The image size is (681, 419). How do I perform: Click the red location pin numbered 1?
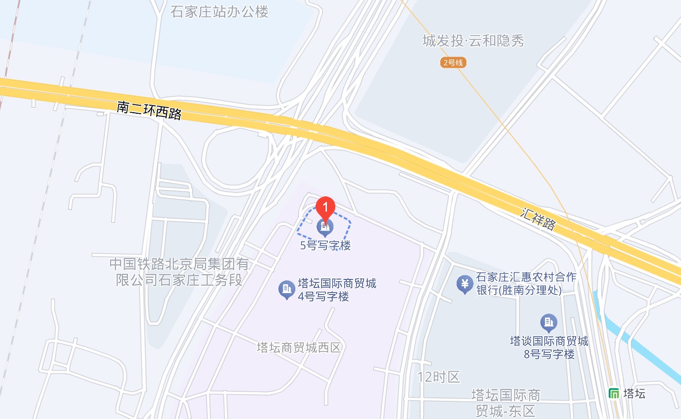[325, 207]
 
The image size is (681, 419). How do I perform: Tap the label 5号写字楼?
[325, 245]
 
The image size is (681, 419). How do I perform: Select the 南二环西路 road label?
[149, 110]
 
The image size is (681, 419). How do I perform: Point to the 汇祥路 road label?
[538, 218]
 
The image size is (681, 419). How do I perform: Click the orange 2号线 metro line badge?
[453, 62]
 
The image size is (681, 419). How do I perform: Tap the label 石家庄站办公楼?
[219, 12]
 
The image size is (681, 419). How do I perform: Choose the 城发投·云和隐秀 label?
[473, 41]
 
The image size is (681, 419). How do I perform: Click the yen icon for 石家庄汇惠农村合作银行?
[465, 284]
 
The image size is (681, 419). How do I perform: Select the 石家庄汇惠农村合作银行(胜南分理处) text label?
[526, 284]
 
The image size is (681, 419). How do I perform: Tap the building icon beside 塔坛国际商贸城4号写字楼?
[286, 289]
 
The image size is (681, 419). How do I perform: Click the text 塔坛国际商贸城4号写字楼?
[337, 290]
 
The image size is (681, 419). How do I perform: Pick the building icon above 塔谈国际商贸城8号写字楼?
[548, 322]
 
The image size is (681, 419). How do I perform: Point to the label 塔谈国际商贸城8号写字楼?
[549, 348]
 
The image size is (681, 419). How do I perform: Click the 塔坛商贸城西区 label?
[299, 348]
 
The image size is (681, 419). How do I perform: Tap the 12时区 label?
[439, 377]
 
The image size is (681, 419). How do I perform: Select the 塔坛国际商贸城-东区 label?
[506, 403]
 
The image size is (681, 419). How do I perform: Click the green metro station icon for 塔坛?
[614, 393]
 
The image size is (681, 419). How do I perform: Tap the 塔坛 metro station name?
[634, 393]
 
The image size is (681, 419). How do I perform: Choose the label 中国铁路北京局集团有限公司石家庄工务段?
[179, 272]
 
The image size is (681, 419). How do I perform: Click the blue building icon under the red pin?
[325, 228]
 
